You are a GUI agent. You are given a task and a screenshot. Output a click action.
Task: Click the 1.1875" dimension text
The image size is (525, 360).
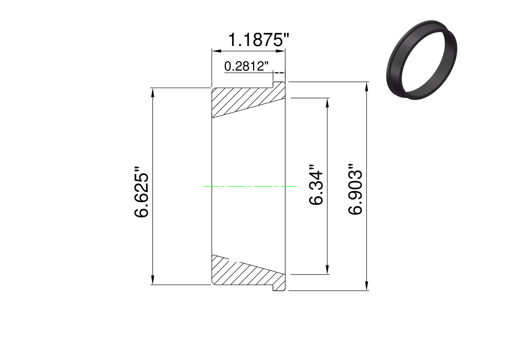259,40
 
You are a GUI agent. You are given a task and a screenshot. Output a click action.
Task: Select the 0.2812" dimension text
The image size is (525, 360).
246,66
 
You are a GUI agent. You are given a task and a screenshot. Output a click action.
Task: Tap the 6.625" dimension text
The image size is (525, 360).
141,192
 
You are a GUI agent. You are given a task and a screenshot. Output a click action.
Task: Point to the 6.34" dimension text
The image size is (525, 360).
316,185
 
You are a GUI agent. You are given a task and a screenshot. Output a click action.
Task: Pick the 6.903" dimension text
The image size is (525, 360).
355,189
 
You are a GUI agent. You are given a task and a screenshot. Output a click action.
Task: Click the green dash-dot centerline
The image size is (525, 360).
250,186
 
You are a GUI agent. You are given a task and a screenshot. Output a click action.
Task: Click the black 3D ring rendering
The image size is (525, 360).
421,60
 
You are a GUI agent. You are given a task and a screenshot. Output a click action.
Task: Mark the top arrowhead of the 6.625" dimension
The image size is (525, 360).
153,93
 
